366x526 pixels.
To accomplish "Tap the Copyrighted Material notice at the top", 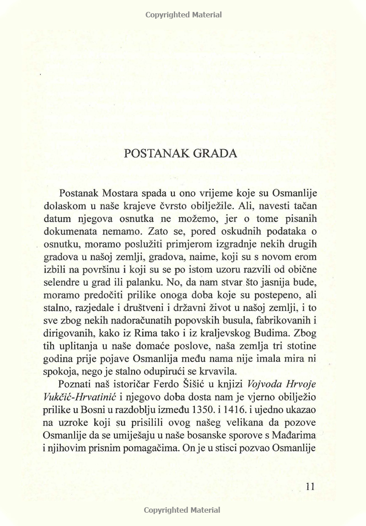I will [183, 15].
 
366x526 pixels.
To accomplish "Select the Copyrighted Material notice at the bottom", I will [182, 510].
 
